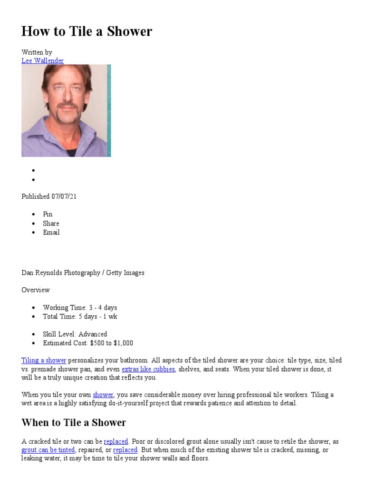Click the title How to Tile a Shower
pos(86,31)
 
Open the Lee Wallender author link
pos(42,60)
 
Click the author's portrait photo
pos(66,110)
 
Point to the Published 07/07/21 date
pos(49,196)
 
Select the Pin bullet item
pos(48,214)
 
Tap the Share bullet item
pos(51,224)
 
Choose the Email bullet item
pos(51,233)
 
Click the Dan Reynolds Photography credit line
pos(83,273)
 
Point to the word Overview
pos(36,290)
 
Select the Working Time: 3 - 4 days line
pos(80,308)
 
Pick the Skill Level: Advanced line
pos(75,334)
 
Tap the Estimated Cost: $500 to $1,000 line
pos(88,343)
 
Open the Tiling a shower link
pos(44,360)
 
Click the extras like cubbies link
pos(148,369)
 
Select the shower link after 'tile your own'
pos(103,395)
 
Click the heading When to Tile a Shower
pos(74,422)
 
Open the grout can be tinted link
pos(48,450)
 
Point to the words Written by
pos(37,52)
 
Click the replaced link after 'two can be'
pos(116,441)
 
